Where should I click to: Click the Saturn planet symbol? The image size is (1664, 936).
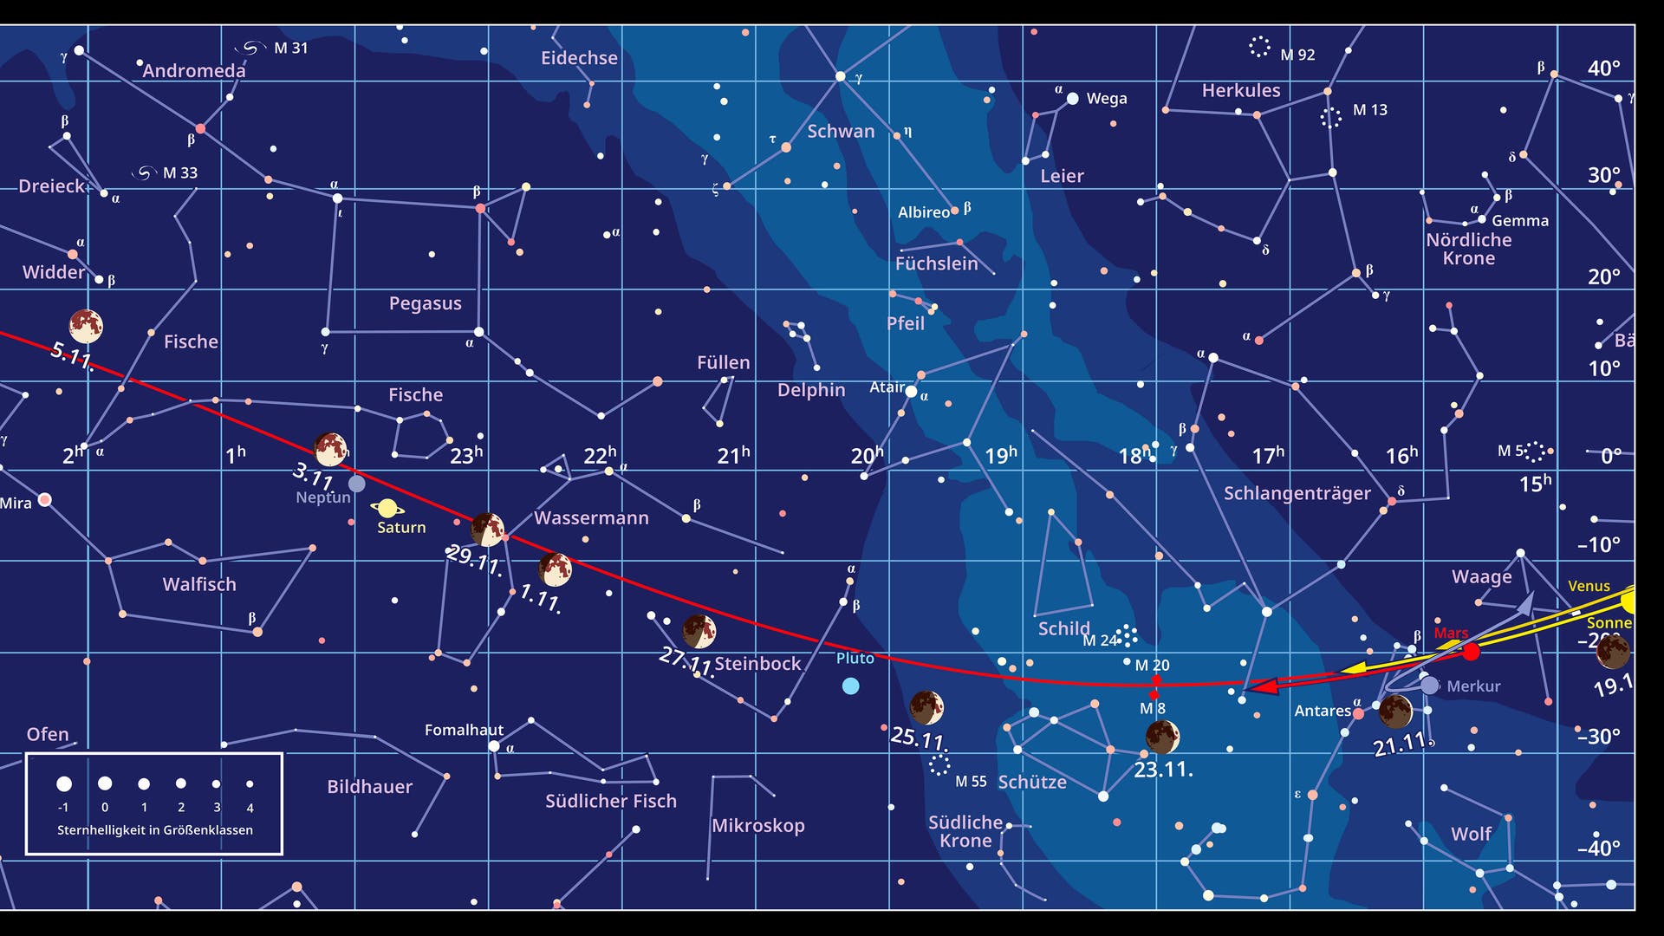point(387,509)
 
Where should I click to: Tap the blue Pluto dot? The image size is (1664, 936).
point(851,686)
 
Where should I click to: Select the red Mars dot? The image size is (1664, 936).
point(1471,652)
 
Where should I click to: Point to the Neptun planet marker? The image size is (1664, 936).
point(357,484)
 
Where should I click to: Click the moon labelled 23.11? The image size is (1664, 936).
point(1162,737)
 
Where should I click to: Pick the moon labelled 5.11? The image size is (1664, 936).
point(86,326)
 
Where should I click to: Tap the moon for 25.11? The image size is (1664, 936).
point(926,707)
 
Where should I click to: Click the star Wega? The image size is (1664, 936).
point(1073,99)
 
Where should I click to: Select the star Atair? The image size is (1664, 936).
point(911,392)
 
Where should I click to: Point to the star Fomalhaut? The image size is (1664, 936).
point(494,746)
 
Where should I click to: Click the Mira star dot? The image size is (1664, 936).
point(45,500)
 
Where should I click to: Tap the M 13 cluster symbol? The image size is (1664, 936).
point(1330,118)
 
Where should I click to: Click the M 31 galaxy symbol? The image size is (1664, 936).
point(250,48)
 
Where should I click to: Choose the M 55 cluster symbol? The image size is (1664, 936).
point(939,764)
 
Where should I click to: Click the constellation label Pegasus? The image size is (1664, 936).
point(425,303)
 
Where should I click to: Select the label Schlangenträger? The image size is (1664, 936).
point(1297,493)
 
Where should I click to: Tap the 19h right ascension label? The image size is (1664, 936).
point(1000,455)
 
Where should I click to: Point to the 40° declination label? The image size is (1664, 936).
point(1603,68)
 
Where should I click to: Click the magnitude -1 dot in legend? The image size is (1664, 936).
point(64,784)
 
